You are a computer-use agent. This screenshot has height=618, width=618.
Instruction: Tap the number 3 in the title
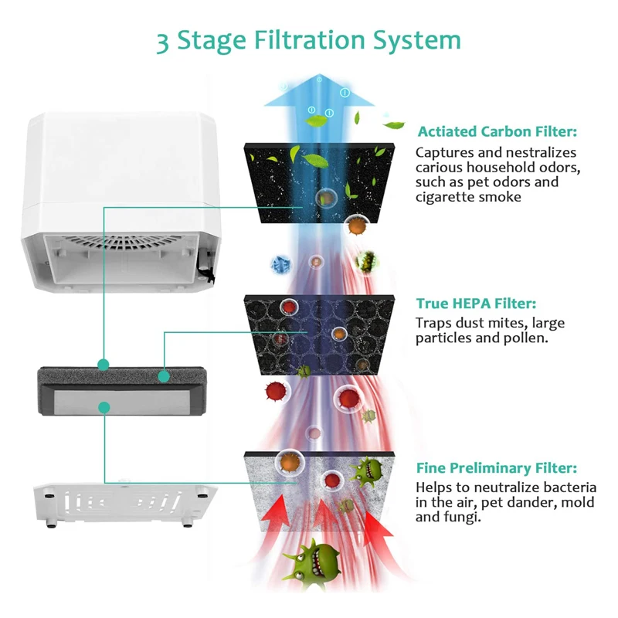pyautogui.click(x=162, y=41)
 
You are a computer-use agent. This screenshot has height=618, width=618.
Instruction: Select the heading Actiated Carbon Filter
pyautogui.click(x=497, y=132)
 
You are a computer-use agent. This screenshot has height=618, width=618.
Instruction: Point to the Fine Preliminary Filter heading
pyautogui.click(x=497, y=468)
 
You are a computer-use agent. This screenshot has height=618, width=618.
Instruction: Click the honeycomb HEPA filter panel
pyautogui.click(x=318, y=332)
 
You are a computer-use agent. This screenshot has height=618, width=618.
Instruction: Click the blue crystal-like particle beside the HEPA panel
pyautogui.click(x=279, y=263)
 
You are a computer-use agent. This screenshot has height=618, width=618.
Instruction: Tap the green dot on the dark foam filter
pyautogui.click(x=163, y=376)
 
